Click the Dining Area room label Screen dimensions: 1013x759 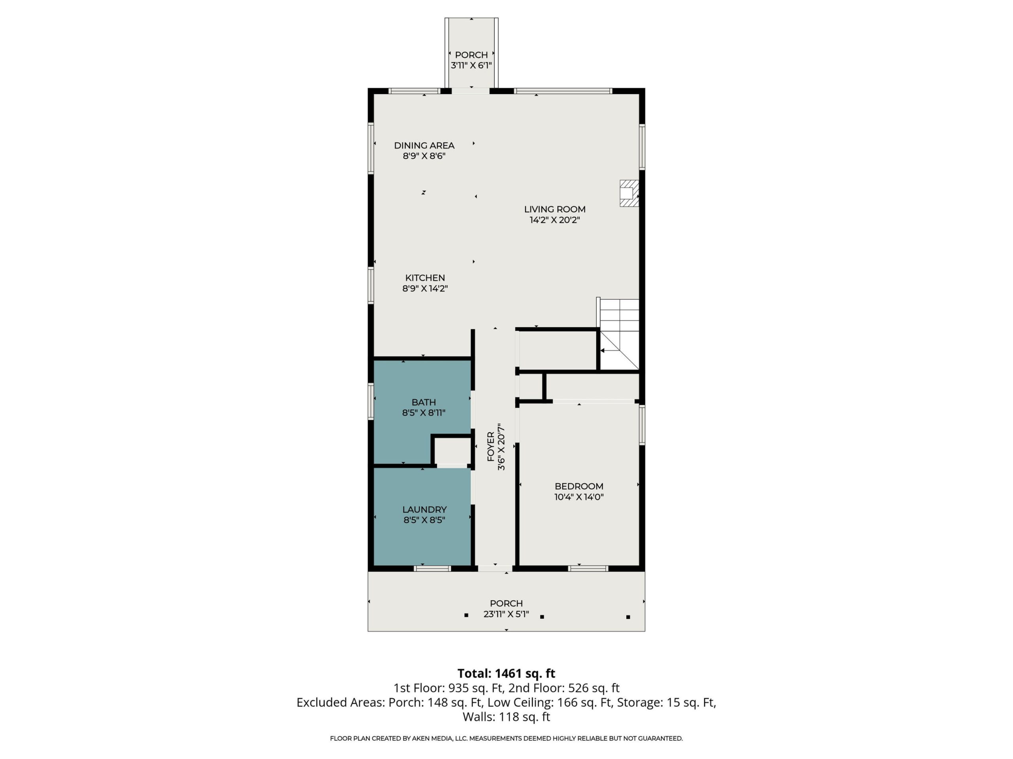424,145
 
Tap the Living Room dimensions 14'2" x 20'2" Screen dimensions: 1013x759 555,220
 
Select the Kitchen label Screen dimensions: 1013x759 425,278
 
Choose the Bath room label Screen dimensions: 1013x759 424,402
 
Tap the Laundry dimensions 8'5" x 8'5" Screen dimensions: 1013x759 424,520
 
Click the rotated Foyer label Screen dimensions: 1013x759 490,447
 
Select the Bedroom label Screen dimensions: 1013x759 579,486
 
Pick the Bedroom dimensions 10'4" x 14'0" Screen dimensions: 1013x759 579,497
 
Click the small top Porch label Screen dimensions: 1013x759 471,55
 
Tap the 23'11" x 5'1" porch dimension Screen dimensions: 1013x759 506,614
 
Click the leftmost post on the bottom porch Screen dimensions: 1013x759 466,616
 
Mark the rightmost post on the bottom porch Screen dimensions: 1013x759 628,617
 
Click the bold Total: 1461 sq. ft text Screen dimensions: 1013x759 506,674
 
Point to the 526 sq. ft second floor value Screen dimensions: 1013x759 594,688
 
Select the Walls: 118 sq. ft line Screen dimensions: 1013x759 506,717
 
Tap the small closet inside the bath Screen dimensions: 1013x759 452,451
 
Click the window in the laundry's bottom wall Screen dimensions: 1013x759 433,569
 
